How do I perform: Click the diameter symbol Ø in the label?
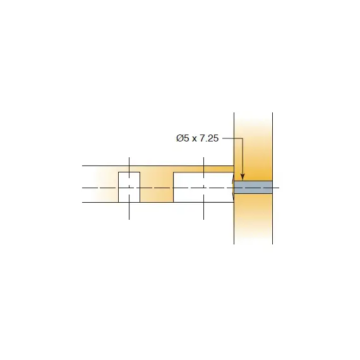(x=179, y=138)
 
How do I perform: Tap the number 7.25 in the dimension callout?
(x=208, y=138)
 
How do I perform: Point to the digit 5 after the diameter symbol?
(x=186, y=138)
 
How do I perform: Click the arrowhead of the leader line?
(x=242, y=177)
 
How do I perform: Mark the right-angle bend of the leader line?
(x=242, y=138)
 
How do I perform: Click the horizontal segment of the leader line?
(x=231, y=138)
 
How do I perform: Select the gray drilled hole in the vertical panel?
(x=253, y=188)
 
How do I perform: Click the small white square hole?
(x=129, y=187)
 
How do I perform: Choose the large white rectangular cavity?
(x=203, y=187)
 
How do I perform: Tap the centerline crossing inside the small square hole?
(x=129, y=188)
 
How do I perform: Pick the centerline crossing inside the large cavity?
(x=203, y=188)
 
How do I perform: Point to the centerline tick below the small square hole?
(x=129, y=211)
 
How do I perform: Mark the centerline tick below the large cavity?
(x=203, y=211)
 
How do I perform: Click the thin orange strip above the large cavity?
(x=202, y=169)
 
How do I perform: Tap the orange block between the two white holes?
(x=156, y=187)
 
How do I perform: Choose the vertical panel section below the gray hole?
(x=253, y=218)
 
